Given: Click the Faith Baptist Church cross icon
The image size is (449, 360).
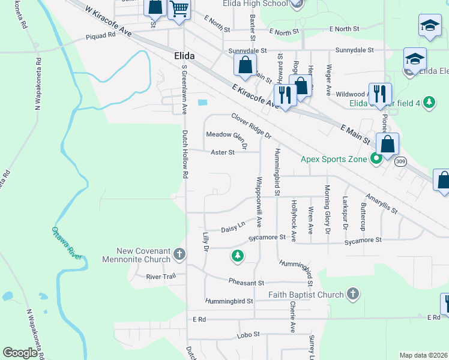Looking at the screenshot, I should click(x=353, y=294).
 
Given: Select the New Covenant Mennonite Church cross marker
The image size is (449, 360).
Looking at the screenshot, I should click(x=179, y=256).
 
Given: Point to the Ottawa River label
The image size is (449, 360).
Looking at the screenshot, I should click(x=66, y=243).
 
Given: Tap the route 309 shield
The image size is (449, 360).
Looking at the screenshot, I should click(x=401, y=161).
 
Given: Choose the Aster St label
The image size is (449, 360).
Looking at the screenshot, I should click(x=222, y=152).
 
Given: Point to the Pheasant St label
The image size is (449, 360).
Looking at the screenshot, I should click(x=246, y=282).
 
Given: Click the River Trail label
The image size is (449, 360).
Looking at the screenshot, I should click(x=160, y=277).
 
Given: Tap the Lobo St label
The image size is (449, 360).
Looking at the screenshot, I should click(x=248, y=334).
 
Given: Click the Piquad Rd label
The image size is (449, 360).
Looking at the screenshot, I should click(x=100, y=35).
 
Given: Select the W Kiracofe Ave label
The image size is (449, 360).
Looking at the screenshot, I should click(x=108, y=22).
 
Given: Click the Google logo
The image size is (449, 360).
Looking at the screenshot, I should click(x=20, y=353).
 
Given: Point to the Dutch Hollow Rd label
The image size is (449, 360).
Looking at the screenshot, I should click(x=185, y=154).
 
